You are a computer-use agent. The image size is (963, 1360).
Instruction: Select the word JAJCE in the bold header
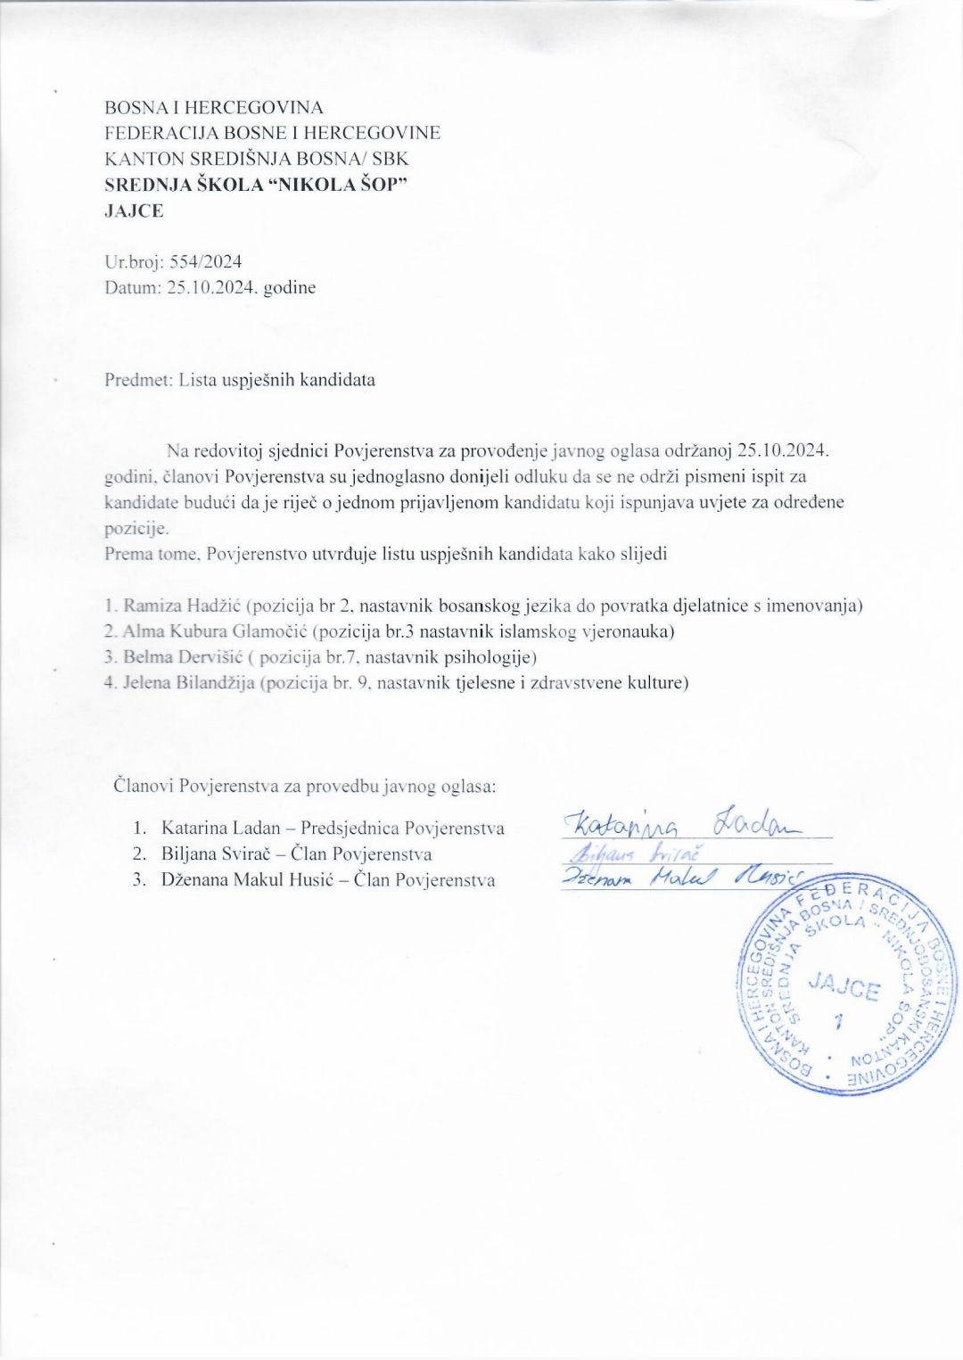[x=134, y=211]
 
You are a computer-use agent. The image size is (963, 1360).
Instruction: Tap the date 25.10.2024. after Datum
[x=213, y=287]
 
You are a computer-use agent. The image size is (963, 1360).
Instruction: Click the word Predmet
[x=137, y=380]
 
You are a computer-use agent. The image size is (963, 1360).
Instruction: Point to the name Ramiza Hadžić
[x=182, y=606]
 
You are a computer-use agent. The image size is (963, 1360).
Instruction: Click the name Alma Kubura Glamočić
[x=215, y=631]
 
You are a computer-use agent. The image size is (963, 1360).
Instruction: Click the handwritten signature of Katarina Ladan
[x=682, y=821]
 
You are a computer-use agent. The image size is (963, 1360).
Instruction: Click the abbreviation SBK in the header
[x=390, y=159]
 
